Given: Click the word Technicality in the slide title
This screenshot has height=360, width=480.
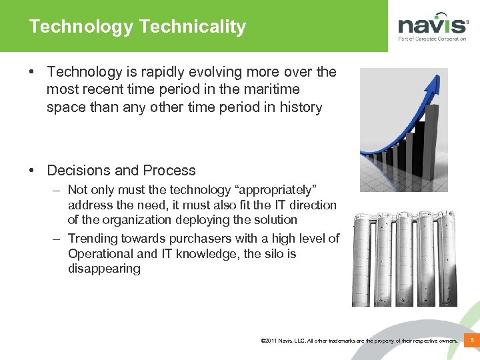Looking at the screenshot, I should coord(192,27).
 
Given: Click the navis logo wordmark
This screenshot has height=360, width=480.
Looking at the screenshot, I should coord(432,25).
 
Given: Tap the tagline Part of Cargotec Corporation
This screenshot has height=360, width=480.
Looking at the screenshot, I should coord(432,39).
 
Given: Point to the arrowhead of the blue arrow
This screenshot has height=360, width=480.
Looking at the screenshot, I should coord(435,83).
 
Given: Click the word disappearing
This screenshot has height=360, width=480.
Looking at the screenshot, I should coord(104,269).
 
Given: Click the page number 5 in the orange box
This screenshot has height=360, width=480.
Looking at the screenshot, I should coord(472,341).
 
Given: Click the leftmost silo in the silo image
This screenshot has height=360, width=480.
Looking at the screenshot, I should coord(365,260).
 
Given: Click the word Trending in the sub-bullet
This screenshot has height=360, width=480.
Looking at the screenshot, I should coord(93,239).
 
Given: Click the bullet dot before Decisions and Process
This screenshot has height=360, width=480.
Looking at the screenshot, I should coord(32,171).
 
